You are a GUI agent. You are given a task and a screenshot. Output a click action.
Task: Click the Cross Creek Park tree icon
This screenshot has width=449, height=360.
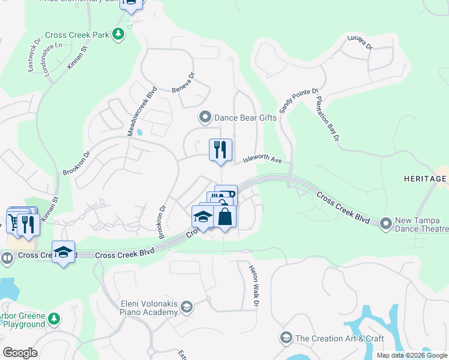[x=119, y=34]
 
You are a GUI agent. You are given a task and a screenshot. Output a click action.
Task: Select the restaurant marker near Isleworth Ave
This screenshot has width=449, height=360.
[x=220, y=150]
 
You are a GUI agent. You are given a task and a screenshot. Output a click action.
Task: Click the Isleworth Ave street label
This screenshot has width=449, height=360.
[x=262, y=160]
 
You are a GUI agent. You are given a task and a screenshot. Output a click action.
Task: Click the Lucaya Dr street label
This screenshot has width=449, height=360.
[x=360, y=43]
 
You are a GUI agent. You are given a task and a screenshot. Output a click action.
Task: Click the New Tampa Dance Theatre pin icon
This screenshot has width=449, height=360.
[x=386, y=224]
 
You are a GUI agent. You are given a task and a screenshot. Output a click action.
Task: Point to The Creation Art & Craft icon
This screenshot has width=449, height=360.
[x=286, y=338]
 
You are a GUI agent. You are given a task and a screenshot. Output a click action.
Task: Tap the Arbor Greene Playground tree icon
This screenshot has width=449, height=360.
[x=54, y=317]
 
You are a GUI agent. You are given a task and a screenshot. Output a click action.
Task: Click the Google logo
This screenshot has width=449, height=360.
[x=20, y=353]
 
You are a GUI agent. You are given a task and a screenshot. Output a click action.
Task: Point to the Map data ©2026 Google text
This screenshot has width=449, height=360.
[x=412, y=355]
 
